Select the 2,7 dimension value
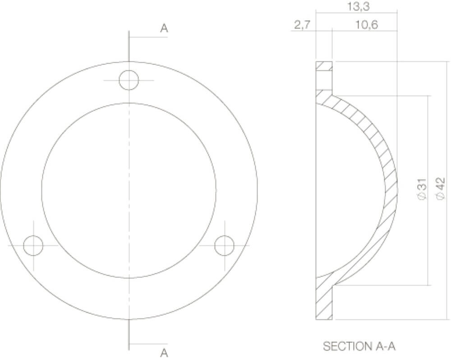pos(302,25)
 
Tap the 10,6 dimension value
pos(366,25)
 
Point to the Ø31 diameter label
pos(422,189)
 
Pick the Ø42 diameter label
pos(441,189)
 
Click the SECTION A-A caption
pos(359,346)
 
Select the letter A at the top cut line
pos(164,28)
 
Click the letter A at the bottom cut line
pos(164,352)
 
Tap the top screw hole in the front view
pos(129,80)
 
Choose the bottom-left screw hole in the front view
pos(33,246)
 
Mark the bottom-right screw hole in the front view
pos(224,246)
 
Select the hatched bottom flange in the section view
pos(324,302)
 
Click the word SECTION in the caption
pos(345,346)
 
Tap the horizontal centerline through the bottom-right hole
pos(241,246)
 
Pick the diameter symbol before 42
pos(441,195)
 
